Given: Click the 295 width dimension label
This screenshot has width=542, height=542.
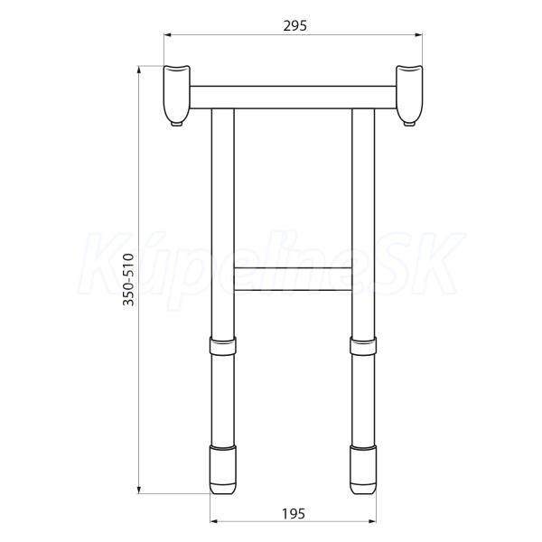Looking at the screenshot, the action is pyautogui.click(x=294, y=26).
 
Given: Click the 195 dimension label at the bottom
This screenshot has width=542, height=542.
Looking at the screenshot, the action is pyautogui.click(x=294, y=514).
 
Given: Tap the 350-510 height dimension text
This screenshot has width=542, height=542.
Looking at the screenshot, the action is pyautogui.click(x=128, y=279).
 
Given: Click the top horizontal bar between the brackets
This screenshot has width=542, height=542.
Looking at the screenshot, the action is pyautogui.click(x=293, y=98).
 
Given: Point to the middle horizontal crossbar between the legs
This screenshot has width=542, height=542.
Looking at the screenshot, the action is pyautogui.click(x=293, y=278).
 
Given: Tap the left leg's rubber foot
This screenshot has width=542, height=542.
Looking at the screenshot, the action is pyautogui.click(x=223, y=470).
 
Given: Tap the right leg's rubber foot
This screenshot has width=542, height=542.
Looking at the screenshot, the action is pyautogui.click(x=363, y=470).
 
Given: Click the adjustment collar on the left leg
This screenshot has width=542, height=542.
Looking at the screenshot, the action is pyautogui.click(x=223, y=345).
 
